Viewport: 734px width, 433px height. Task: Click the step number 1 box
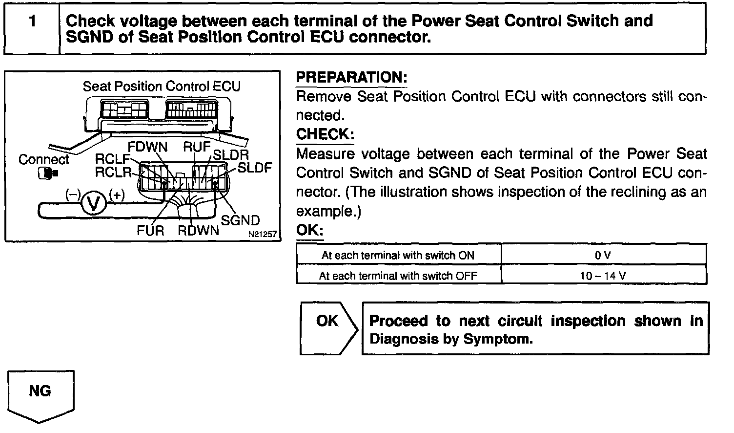(32, 28)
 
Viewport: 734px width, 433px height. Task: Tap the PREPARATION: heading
(351, 78)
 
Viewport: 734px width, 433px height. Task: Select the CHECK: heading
(325, 134)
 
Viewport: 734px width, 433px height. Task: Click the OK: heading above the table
(310, 230)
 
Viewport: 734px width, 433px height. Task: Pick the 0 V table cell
(603, 255)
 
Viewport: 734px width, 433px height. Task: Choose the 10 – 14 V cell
(603, 276)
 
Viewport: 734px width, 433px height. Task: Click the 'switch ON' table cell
(398, 255)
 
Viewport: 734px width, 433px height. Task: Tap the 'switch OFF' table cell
(398, 276)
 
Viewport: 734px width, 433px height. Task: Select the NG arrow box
(40, 395)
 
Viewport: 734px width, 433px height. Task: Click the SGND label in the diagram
(240, 220)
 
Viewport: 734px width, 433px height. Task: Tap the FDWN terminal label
(147, 147)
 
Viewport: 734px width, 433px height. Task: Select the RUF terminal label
(197, 146)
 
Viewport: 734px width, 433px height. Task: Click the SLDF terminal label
(254, 168)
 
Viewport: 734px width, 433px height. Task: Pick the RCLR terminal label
(113, 172)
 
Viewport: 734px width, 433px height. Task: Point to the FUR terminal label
(150, 230)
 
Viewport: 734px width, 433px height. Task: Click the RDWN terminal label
(198, 231)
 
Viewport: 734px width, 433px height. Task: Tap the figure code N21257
(262, 235)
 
